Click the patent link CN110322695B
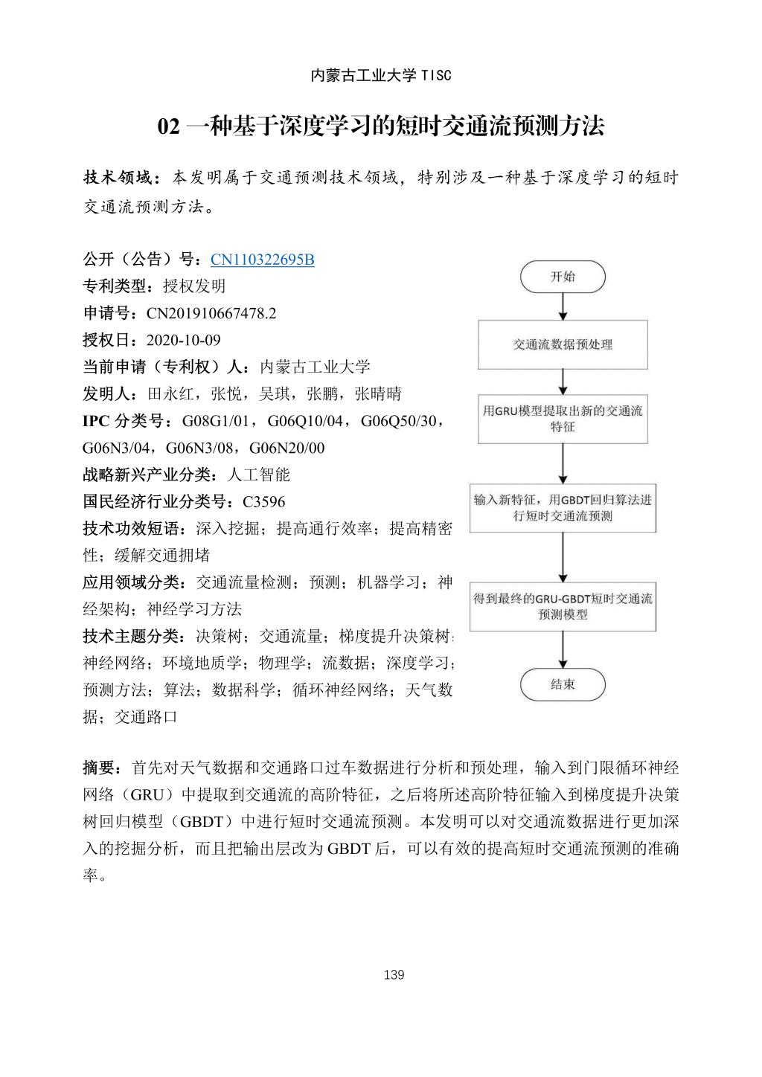pos(263,260)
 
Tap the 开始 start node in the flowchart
pos(563,277)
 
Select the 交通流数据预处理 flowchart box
pos(563,344)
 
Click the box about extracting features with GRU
pos(563,419)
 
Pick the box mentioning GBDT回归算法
pos(563,507)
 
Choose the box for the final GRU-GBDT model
pos(563,606)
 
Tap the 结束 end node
pos(563,684)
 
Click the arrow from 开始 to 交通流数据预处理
pos(563,306)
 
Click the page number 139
pos(394,974)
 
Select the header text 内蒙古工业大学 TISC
pos(381,76)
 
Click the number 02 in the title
pos(169,127)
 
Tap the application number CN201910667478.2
pos(211,313)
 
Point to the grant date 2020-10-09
pos(184,340)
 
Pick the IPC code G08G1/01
pos(214,421)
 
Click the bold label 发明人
pos(108,393)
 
